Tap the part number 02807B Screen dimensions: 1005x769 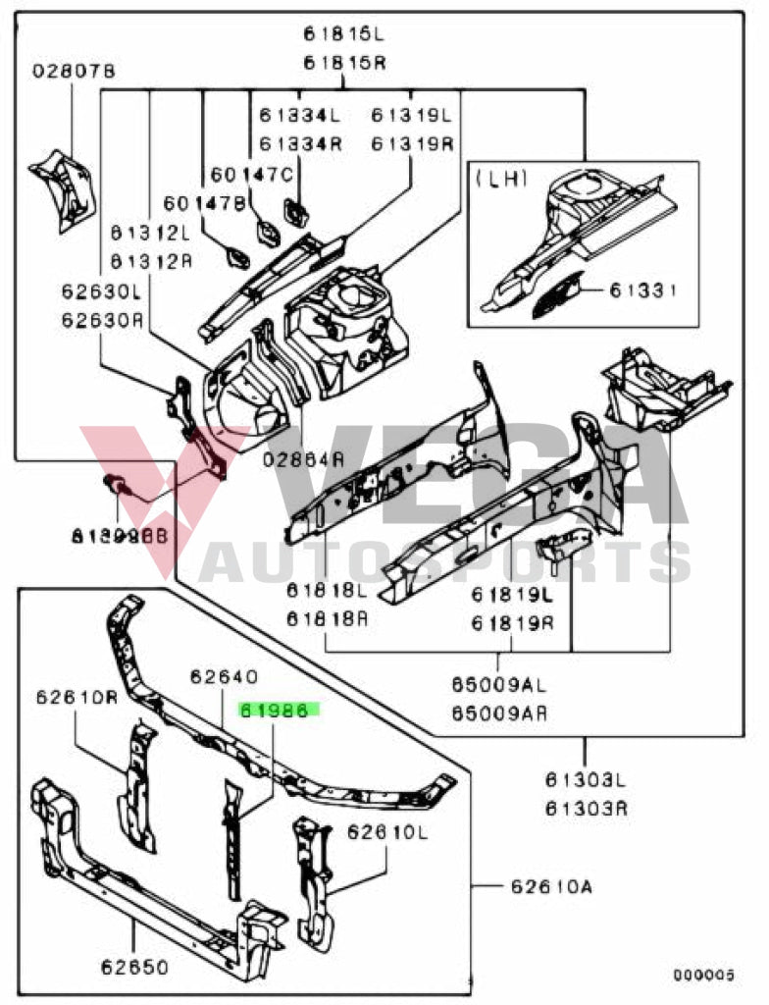pyautogui.click(x=74, y=72)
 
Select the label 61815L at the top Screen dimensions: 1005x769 pyautogui.click(x=343, y=34)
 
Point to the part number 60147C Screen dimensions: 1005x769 pyautogui.click(x=252, y=175)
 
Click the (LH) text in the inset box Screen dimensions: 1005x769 pyautogui.click(x=500, y=179)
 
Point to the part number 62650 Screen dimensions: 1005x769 pyautogui.click(x=133, y=967)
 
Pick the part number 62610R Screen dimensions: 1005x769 pyautogui.click(x=77, y=699)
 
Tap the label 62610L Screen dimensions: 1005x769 pyautogui.click(x=388, y=832)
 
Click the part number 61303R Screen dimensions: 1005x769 pyautogui.click(x=587, y=810)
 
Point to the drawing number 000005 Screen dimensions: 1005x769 pyautogui.click(x=703, y=975)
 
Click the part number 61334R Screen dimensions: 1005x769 pyautogui.click(x=300, y=144)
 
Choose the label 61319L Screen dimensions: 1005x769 pyautogui.click(x=412, y=116)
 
